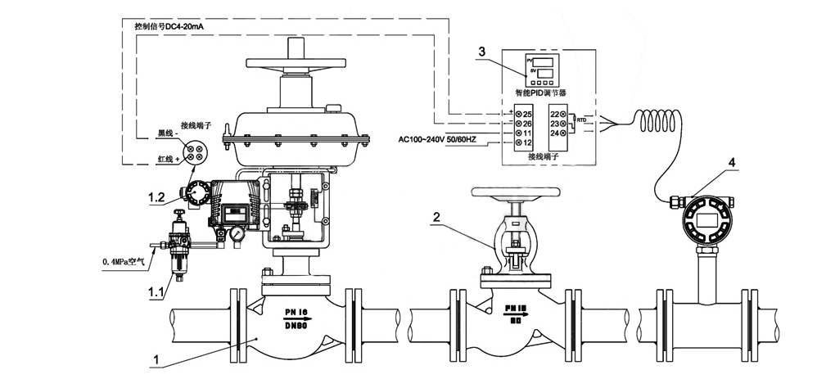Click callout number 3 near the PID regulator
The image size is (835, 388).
pos(482,52)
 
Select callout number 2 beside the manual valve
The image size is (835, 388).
pos(437,218)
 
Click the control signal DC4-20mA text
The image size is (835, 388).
pos(169,26)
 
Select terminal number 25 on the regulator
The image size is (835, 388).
pos(526,112)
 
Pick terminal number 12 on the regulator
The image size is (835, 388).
pos(526,143)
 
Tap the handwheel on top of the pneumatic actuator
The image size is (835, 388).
pos(293,63)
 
